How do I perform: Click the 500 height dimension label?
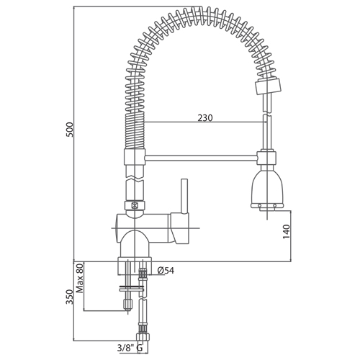pyautogui.click(x=69, y=130)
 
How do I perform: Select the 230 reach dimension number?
pyautogui.click(x=205, y=118)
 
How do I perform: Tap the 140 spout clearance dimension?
pyautogui.click(x=287, y=232)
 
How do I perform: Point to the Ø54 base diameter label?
pyautogui.click(x=166, y=271)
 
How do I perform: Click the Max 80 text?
pyautogui.click(x=80, y=278)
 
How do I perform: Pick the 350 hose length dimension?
pyautogui.click(x=69, y=297)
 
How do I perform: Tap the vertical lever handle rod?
pyautogui.click(x=184, y=196)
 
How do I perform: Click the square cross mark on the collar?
pyautogui.click(x=135, y=205)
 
